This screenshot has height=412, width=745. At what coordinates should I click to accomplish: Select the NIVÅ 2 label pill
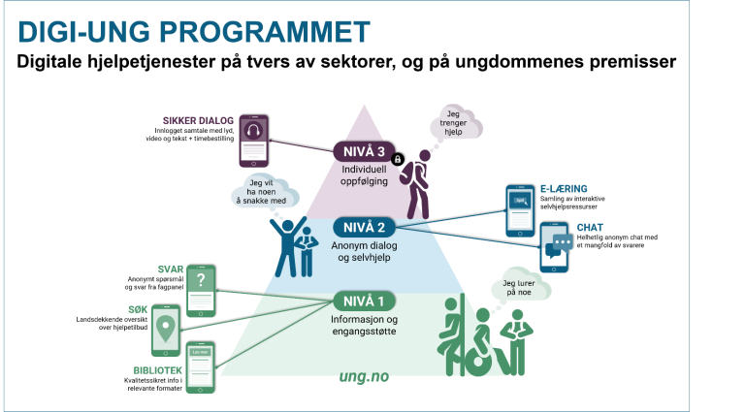tap(364, 227)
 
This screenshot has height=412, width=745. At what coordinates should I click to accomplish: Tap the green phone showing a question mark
tap(201, 283)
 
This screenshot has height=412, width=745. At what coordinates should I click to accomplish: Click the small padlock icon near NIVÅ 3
tap(397, 158)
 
